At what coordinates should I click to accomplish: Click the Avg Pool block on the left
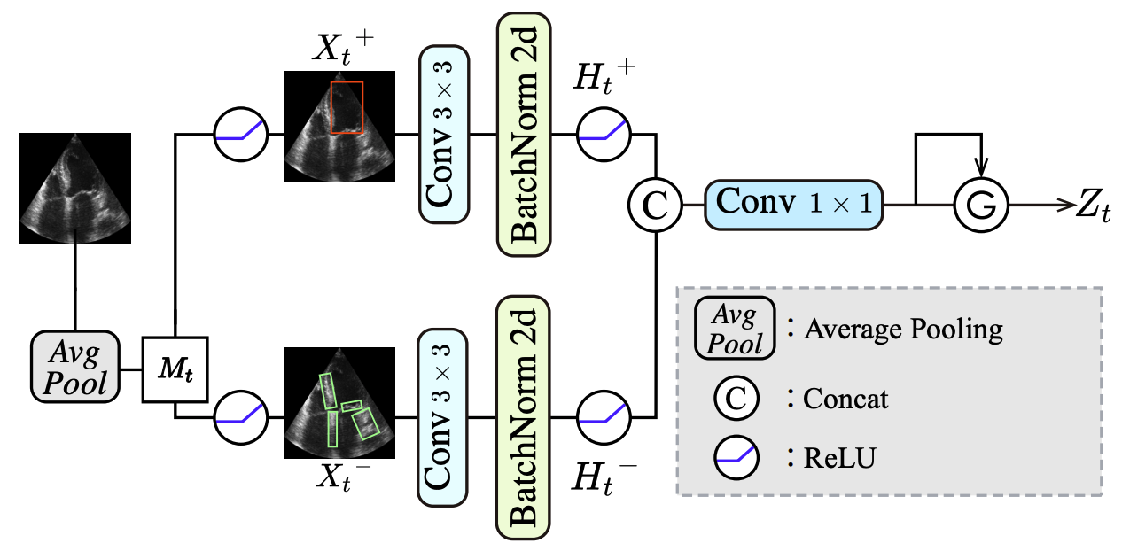(75, 366)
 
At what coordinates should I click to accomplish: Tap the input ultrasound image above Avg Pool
(75, 188)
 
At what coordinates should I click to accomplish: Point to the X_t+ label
(340, 49)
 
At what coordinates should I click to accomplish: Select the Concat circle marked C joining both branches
(654, 206)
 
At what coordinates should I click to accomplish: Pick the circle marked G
(980, 206)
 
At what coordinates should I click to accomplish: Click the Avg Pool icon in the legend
(734, 328)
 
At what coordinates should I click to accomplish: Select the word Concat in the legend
(845, 399)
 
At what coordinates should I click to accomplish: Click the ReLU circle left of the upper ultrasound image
(241, 136)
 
